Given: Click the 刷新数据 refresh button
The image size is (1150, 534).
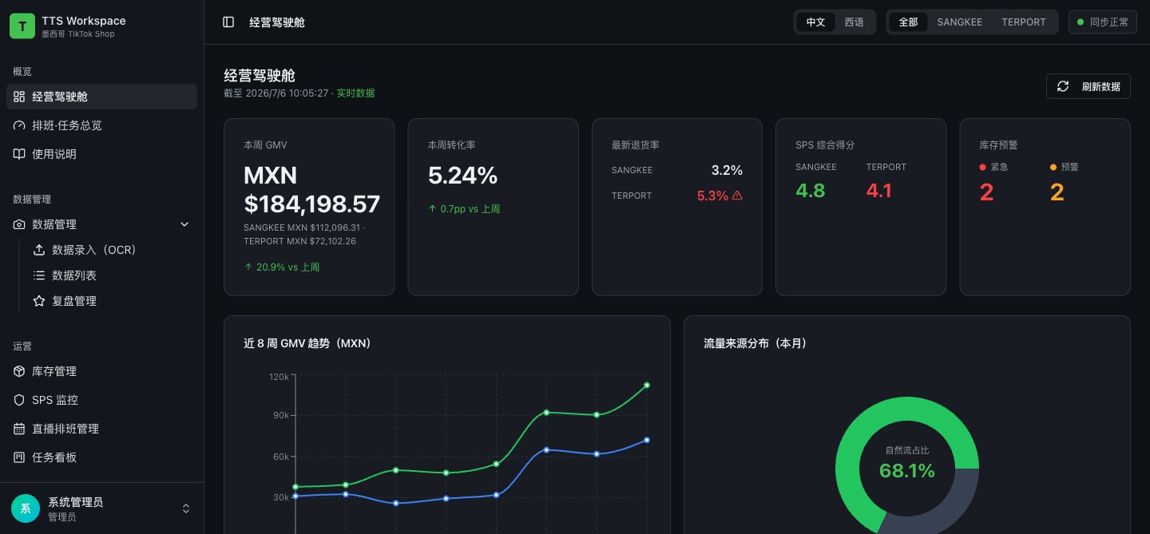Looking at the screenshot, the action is [x=1088, y=86].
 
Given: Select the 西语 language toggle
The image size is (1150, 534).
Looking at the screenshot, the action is [x=854, y=22].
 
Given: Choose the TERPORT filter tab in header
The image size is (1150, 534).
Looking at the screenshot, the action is [x=1023, y=22].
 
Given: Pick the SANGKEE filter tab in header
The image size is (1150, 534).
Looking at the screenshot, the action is [x=959, y=22].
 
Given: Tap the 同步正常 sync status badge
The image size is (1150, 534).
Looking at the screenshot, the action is [x=1102, y=22].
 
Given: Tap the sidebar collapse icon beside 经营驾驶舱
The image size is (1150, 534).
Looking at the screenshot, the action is [x=228, y=22].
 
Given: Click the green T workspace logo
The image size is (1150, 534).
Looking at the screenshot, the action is [x=22, y=26].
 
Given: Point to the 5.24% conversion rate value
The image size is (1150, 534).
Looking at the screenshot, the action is [x=462, y=176].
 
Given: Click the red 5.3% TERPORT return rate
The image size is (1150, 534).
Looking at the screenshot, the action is [x=712, y=196].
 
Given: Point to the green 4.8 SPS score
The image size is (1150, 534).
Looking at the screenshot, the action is [x=810, y=191].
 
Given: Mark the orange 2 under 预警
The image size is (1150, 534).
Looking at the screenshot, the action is [x=1057, y=192].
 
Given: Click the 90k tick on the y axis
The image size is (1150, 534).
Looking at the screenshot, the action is [x=280, y=415].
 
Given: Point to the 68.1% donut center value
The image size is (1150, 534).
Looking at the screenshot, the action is [x=906, y=470].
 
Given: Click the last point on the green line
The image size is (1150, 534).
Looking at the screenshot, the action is [x=647, y=386].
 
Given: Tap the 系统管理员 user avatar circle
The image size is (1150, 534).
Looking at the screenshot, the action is [x=26, y=508].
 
